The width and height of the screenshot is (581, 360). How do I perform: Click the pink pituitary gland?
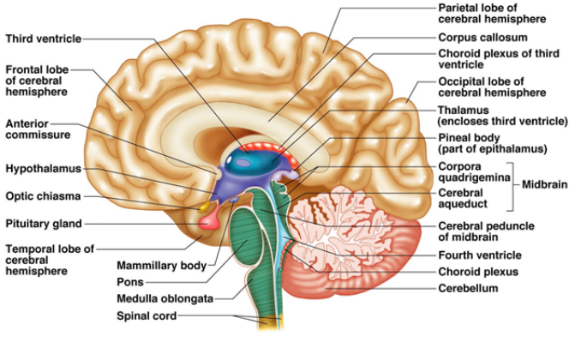point(209,222)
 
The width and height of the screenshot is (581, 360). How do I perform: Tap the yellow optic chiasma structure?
point(203,207)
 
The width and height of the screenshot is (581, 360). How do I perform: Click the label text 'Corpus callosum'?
point(482,38)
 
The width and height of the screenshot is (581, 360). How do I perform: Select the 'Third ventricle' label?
point(44,39)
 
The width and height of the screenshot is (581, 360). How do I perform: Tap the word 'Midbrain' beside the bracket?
point(544,184)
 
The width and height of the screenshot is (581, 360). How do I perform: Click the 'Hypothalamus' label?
point(44,169)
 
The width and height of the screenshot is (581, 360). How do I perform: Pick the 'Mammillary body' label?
point(162,266)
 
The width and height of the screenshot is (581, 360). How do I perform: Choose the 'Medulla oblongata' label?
point(165,298)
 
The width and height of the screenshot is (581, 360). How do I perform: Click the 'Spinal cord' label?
point(147,316)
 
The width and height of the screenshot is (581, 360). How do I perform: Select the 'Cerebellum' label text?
point(468,288)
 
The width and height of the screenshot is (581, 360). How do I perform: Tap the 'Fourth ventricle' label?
point(480,255)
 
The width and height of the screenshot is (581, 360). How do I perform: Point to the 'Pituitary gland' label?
point(44,224)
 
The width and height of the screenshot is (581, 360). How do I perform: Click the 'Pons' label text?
point(130,282)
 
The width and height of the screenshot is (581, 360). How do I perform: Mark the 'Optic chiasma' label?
point(43,195)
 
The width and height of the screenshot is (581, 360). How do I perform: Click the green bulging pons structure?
point(247,237)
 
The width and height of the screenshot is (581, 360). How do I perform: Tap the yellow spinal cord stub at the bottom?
point(271,323)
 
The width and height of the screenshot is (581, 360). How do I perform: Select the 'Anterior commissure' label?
point(38,129)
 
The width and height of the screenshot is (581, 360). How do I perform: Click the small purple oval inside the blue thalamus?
point(243,162)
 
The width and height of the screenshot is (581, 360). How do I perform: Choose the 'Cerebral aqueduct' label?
point(463,198)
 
